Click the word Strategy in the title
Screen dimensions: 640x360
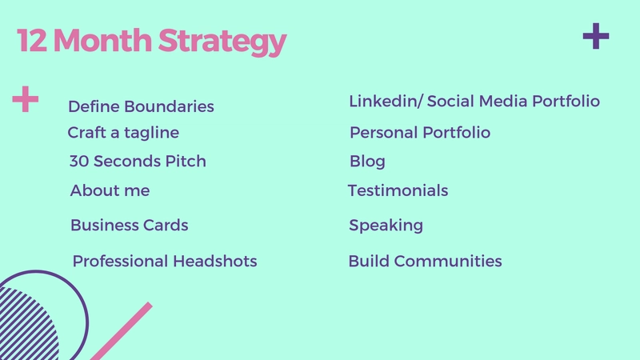click(x=222, y=42)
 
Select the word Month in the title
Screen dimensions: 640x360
click(x=102, y=40)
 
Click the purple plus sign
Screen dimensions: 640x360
click(x=596, y=36)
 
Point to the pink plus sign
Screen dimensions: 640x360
click(x=26, y=98)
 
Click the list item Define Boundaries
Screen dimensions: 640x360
click(x=141, y=106)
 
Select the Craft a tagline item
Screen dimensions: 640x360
click(x=123, y=133)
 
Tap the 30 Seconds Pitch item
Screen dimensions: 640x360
click(x=138, y=162)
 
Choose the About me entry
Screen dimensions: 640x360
click(x=110, y=190)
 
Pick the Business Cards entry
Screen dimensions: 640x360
click(x=130, y=226)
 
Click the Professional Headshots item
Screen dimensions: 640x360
click(x=165, y=262)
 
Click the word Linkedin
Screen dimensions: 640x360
click(x=383, y=102)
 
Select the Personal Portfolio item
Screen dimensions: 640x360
click(x=420, y=133)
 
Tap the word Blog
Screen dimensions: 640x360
click(x=367, y=162)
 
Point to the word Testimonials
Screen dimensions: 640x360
click(x=398, y=190)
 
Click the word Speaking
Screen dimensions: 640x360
click(x=386, y=226)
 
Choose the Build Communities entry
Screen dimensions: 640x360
click(x=425, y=262)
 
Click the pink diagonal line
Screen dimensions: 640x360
click(x=122, y=331)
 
